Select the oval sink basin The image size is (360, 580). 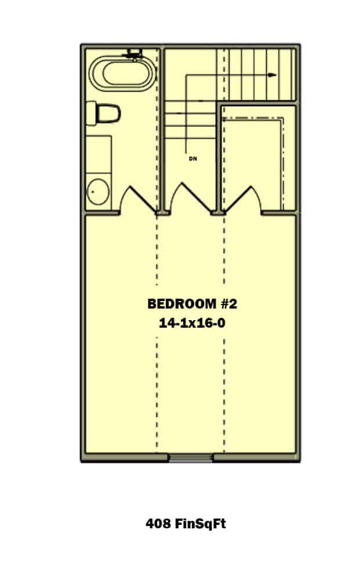click(x=98, y=191)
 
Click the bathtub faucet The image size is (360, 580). click(x=133, y=55)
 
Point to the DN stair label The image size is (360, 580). click(x=192, y=158)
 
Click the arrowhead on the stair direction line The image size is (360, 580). click(x=272, y=75)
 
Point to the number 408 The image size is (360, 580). click(x=158, y=524)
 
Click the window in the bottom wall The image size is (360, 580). click(x=191, y=458)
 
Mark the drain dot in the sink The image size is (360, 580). click(x=92, y=190)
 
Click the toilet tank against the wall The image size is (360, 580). click(x=90, y=113)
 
